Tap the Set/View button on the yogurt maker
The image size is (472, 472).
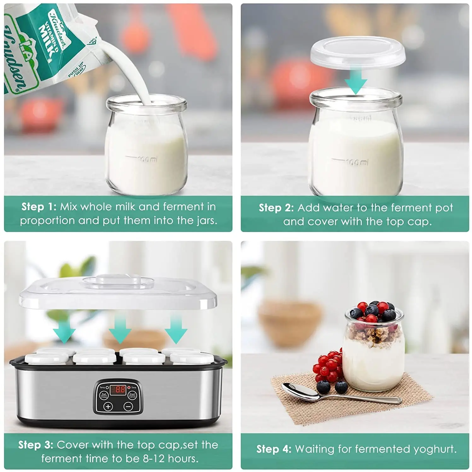pyautogui.click(x=104, y=395)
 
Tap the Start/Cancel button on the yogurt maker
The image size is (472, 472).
pyautogui.click(x=132, y=395)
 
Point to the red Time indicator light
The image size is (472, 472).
pyautogui.click(x=129, y=387)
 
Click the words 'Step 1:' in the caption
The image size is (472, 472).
pyautogui.click(x=39, y=207)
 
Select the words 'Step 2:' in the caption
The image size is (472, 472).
pyautogui.click(x=276, y=208)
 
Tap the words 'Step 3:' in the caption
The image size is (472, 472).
pyautogui.click(x=36, y=445)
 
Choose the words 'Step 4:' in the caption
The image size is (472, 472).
pyautogui.click(x=274, y=449)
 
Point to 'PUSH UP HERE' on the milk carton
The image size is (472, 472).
pyautogui.click(x=76, y=70)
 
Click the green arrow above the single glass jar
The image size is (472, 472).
pyautogui.click(x=356, y=84)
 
